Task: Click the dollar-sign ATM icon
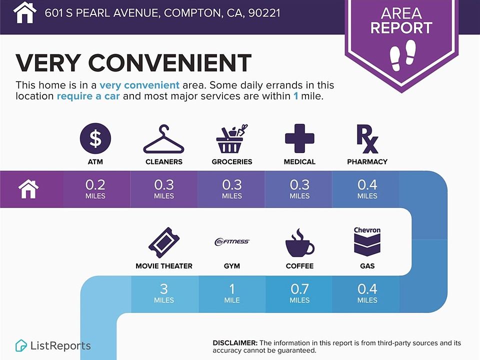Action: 95,138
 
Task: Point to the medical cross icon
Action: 299,138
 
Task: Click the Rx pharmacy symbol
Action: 367,138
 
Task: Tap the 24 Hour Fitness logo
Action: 231,241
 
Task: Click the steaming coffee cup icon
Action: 299,243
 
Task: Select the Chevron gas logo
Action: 367,241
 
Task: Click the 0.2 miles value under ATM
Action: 95,189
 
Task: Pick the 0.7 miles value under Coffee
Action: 299,293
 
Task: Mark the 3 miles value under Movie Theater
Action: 164,293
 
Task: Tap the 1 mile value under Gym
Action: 231,293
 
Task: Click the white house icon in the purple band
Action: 28,189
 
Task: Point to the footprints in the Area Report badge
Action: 402,55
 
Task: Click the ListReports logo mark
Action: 21,345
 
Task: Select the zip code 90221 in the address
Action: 264,13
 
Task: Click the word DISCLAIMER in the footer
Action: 235,343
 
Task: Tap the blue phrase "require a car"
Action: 88,96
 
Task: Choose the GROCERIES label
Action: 232,161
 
